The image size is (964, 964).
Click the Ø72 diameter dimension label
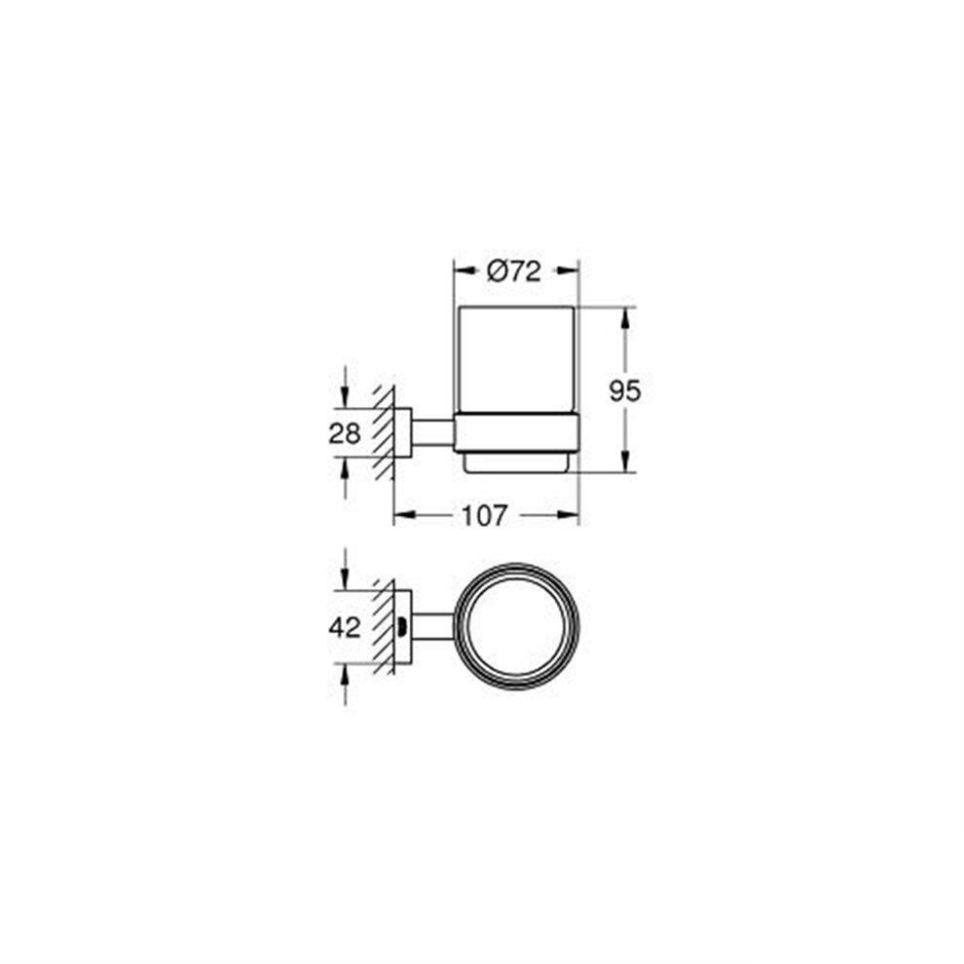tap(513, 274)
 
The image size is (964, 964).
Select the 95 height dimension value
tap(624, 391)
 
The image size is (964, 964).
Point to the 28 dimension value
tap(345, 433)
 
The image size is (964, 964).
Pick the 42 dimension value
tap(345, 628)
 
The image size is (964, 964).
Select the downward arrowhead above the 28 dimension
tap(345, 399)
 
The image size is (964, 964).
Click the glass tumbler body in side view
tap(517, 360)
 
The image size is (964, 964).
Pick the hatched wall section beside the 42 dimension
tap(383, 628)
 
